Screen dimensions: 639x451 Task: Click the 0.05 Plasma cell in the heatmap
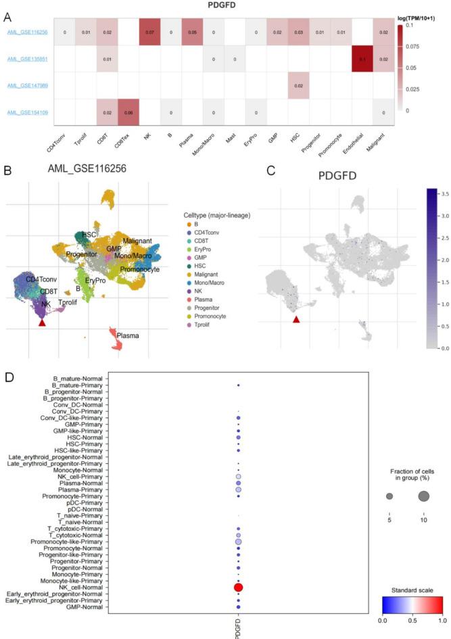(x=192, y=32)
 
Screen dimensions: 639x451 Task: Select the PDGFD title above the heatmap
(x=227, y=5)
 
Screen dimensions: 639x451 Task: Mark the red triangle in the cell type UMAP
(x=42, y=323)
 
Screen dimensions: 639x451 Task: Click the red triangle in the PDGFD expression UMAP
(x=295, y=319)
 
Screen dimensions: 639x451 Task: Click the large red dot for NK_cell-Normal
(x=238, y=587)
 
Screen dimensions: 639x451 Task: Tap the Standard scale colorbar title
(x=408, y=590)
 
